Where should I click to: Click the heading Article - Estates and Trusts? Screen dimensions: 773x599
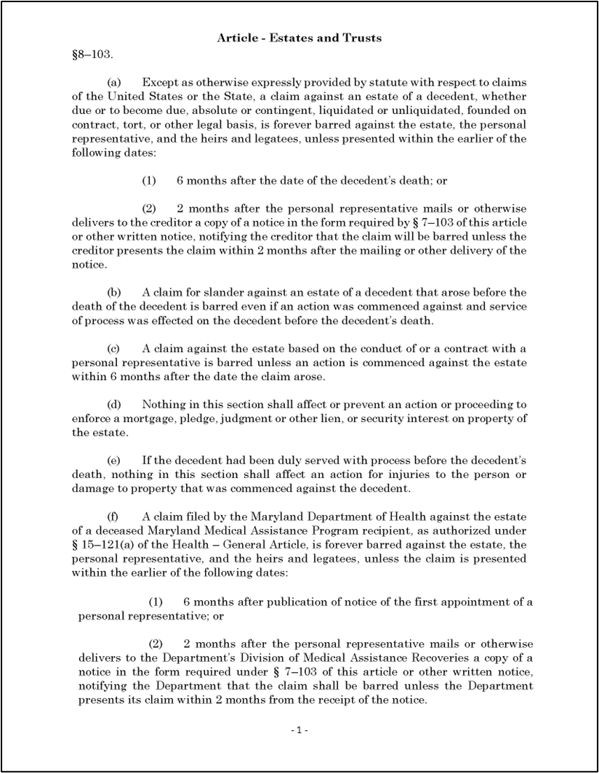299,38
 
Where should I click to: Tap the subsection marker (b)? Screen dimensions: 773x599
114,292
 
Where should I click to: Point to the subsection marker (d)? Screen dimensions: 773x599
114,404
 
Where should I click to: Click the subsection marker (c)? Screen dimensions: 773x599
113,348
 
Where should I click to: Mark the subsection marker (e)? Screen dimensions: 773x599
113,461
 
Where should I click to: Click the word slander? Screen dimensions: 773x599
224,292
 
